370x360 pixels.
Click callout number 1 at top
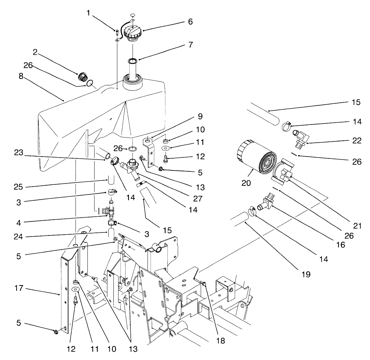pyautogui.click(x=88, y=13)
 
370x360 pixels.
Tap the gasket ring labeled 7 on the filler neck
pyautogui.click(x=132, y=61)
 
